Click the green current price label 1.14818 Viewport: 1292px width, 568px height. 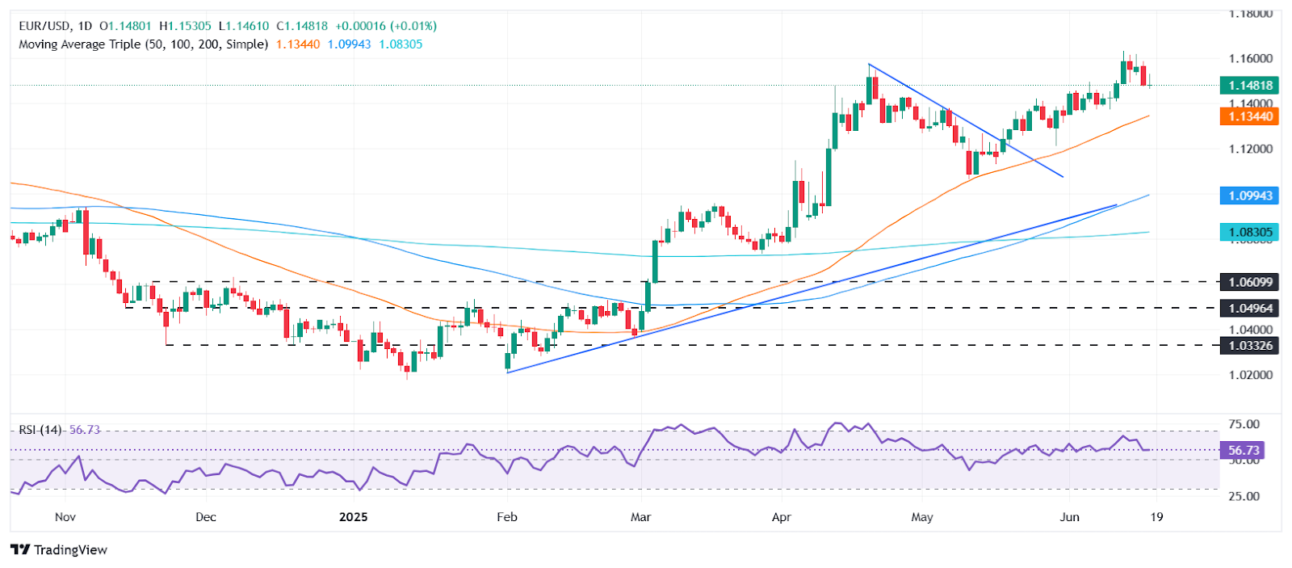[1250, 85]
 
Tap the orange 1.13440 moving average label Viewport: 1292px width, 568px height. [1250, 116]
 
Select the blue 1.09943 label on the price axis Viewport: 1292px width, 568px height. [1250, 196]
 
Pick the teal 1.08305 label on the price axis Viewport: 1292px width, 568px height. [1250, 232]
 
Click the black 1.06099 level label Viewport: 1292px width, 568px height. [1250, 282]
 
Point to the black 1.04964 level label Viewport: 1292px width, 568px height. [1250, 308]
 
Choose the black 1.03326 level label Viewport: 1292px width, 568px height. [1250, 345]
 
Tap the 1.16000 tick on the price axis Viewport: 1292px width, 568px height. [1250, 58]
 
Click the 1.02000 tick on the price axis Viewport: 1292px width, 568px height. [1250, 375]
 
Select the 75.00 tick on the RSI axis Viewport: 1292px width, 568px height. [1244, 424]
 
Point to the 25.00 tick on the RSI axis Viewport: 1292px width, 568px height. [1244, 496]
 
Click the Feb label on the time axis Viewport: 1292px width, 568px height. [506, 517]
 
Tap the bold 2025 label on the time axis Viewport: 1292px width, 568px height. [353, 517]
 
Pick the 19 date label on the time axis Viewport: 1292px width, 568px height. [1156, 517]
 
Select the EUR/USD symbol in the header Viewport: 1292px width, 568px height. [44, 26]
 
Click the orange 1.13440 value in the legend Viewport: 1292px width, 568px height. [297, 44]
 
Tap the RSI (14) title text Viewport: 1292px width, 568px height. [40, 430]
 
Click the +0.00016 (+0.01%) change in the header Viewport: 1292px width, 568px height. [386, 26]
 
